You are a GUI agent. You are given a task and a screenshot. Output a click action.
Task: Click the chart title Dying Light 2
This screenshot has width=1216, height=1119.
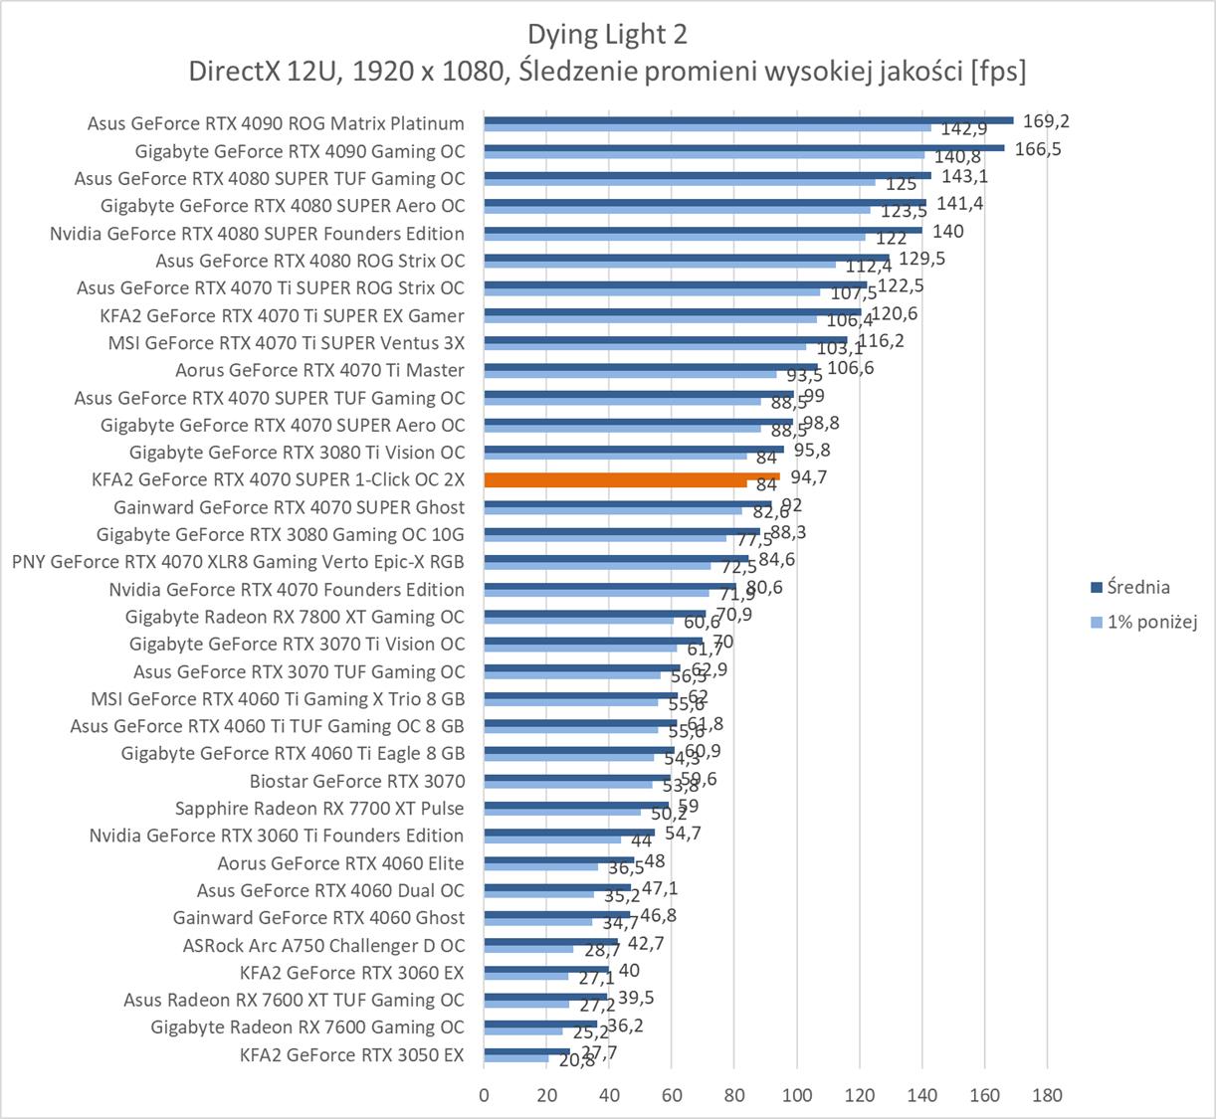point(607,35)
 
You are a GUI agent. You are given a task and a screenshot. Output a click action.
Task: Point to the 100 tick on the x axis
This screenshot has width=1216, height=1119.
point(797,1095)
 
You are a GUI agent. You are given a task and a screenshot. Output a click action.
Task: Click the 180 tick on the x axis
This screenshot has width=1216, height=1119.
point(1047,1095)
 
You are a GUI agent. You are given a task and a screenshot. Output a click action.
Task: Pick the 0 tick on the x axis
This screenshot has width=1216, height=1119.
point(485,1095)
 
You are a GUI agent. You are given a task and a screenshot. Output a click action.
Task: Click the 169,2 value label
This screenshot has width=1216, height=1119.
point(1046,121)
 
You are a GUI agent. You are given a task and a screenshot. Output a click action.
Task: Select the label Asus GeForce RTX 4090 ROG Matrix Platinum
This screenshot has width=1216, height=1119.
point(276,124)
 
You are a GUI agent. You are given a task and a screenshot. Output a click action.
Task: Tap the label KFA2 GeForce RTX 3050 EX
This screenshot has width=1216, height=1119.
point(352,1054)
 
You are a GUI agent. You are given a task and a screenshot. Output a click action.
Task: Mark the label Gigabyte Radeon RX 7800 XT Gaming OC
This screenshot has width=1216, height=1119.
point(295,617)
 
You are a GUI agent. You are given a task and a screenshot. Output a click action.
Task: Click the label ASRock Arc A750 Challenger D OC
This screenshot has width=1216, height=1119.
point(323,945)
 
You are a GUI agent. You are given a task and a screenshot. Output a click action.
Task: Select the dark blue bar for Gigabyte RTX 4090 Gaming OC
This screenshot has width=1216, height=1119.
point(744,147)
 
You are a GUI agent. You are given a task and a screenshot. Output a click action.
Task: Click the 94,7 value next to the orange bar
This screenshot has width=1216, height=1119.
point(809,477)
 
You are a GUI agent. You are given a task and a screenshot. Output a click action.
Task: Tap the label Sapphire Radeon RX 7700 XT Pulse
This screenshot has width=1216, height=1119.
point(319,809)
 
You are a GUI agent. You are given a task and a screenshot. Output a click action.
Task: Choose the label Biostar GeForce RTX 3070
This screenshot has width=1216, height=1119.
point(357,781)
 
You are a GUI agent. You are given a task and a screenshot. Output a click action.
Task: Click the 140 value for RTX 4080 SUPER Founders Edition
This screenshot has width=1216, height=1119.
point(948,231)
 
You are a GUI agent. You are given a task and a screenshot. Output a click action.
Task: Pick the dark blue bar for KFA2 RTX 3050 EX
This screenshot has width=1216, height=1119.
point(527,1050)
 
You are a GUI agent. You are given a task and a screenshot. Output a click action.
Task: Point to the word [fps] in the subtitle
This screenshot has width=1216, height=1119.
point(998,71)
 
